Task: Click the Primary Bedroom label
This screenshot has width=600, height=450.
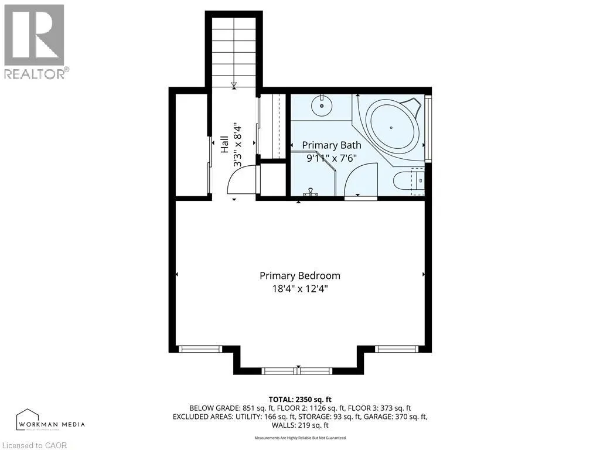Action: pyautogui.click(x=299, y=275)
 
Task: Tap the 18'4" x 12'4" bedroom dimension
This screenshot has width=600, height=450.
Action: pyautogui.click(x=299, y=288)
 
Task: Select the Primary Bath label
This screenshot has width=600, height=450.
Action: pyautogui.click(x=331, y=145)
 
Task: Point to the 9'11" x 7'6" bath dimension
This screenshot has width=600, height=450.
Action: pyautogui.click(x=331, y=158)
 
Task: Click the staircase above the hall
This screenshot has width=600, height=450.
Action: pyautogui.click(x=234, y=50)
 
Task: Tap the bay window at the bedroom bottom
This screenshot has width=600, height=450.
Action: pyautogui.click(x=297, y=370)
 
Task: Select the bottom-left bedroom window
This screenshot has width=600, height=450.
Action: pyautogui.click(x=200, y=349)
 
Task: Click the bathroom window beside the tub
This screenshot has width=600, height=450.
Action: pyautogui.click(x=428, y=128)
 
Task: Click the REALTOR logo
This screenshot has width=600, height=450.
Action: pyautogui.click(x=35, y=42)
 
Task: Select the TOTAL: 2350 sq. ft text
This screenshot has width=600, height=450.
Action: pyautogui.click(x=299, y=399)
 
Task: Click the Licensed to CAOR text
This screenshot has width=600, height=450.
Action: pyautogui.click(x=34, y=445)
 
